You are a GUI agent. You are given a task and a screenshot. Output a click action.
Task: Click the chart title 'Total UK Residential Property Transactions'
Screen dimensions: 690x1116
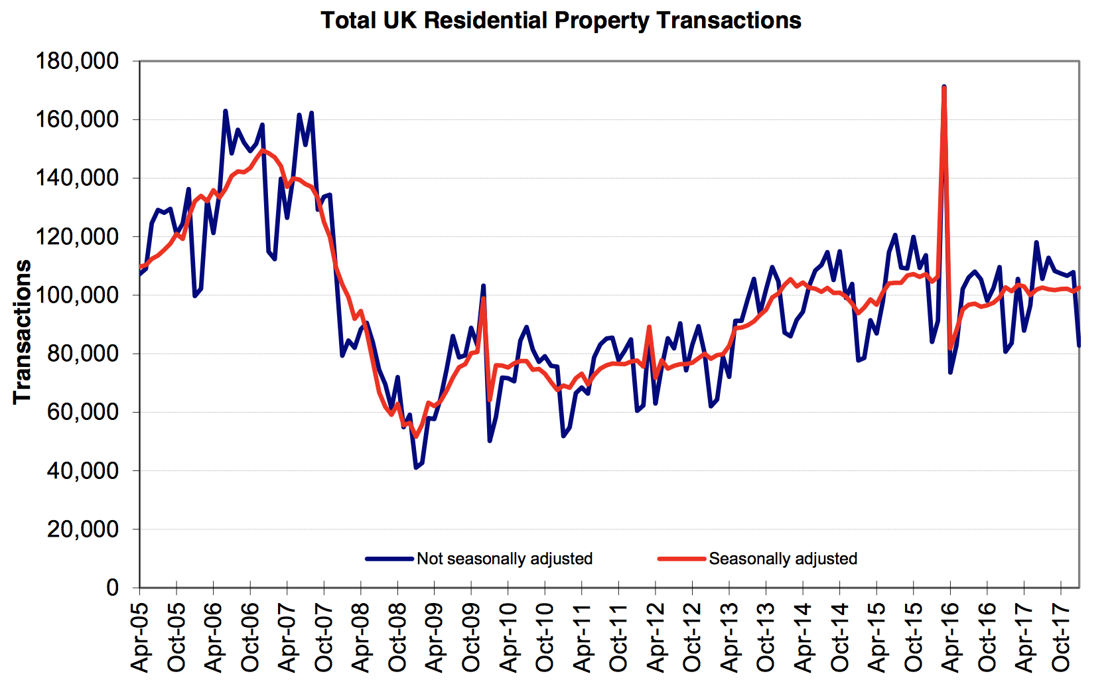(x=561, y=21)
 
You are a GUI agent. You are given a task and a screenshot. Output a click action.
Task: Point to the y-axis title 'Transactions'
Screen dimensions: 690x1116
(x=23, y=331)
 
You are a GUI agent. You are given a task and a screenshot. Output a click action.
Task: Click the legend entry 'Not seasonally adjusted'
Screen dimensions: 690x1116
(x=504, y=559)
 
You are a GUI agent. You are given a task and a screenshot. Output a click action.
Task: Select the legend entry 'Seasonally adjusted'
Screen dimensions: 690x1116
(x=783, y=559)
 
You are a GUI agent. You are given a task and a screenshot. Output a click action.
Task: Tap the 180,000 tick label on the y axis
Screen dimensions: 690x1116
(x=78, y=62)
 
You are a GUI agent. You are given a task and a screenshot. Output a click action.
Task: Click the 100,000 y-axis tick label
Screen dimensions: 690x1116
(x=78, y=295)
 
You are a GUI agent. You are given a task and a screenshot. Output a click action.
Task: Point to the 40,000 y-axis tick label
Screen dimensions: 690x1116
(x=83, y=471)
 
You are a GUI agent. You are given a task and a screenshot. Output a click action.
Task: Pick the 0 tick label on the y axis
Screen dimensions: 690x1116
(x=112, y=588)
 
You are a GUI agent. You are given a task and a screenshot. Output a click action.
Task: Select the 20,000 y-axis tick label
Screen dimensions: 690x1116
(x=83, y=529)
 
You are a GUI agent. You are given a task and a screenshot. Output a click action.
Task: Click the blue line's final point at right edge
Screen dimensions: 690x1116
(x=1080, y=346)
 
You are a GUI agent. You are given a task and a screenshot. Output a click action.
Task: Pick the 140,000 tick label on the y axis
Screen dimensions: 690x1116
(x=78, y=178)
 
